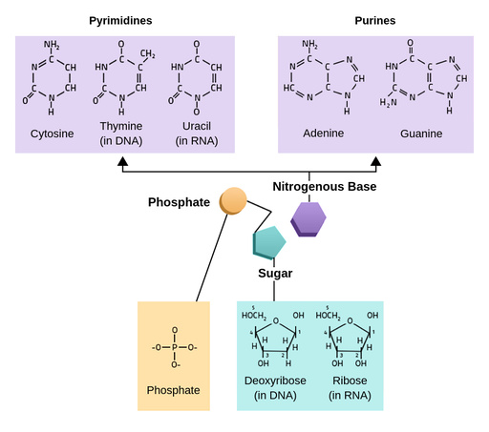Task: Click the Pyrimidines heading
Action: click(x=120, y=20)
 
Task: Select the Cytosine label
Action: click(x=52, y=134)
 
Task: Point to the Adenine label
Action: click(x=323, y=134)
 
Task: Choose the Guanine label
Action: click(x=421, y=134)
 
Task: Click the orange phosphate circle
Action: click(x=233, y=201)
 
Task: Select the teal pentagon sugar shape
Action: click(x=268, y=244)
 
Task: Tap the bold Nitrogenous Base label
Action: click(x=325, y=187)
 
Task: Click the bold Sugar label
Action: click(x=275, y=274)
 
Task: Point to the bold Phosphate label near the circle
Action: click(x=179, y=202)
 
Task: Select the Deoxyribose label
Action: click(x=276, y=381)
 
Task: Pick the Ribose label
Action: click(x=349, y=381)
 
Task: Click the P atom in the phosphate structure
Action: click(x=174, y=347)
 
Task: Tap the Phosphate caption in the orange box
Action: click(x=173, y=390)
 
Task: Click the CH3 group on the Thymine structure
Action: click(x=148, y=53)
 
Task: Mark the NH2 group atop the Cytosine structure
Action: click(x=52, y=44)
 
